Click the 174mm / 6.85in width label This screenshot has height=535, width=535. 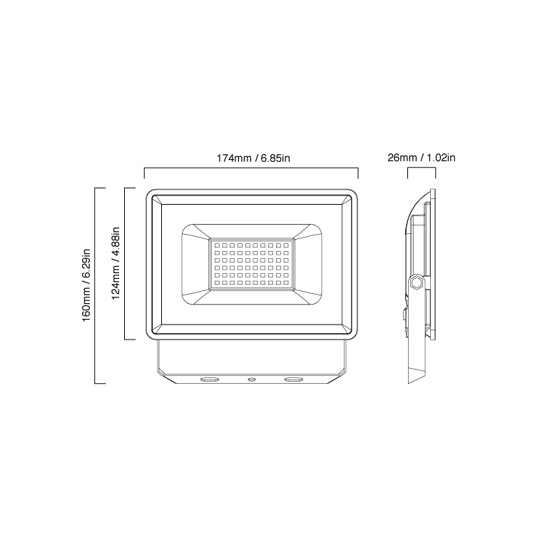click(x=251, y=157)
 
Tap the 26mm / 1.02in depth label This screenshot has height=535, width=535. click(x=422, y=157)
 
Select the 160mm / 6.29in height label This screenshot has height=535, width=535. click(x=86, y=285)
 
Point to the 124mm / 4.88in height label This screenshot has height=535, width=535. click(x=116, y=265)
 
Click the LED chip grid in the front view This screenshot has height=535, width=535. click(x=251, y=265)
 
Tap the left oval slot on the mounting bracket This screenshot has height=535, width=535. click(x=210, y=380)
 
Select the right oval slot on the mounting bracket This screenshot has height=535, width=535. click(x=292, y=380)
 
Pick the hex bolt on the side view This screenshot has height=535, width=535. click(x=416, y=282)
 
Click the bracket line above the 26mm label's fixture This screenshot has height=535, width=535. click(x=421, y=169)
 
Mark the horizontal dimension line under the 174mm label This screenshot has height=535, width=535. click(x=251, y=169)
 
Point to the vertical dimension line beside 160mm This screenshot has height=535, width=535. click(x=96, y=285)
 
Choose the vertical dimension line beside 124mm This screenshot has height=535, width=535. click(x=126, y=265)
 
